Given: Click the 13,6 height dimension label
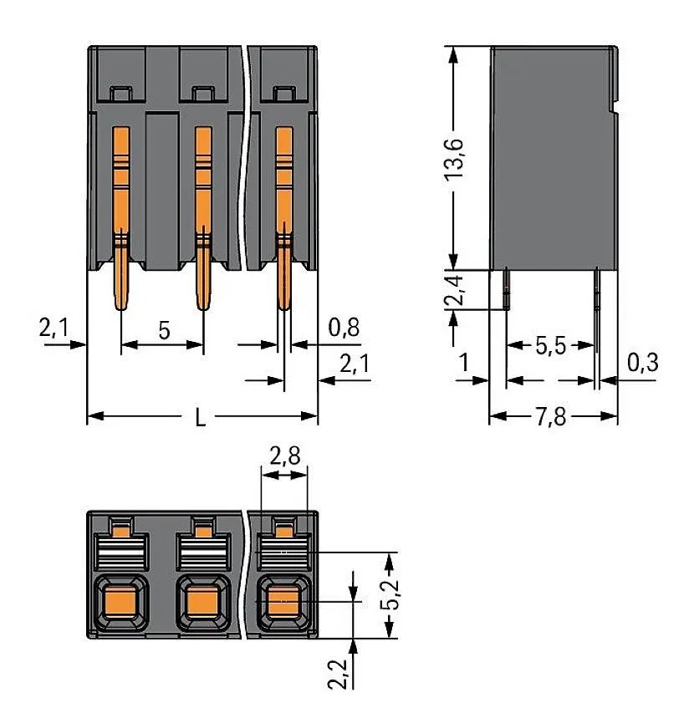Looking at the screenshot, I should (x=455, y=156).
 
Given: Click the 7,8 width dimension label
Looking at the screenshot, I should (x=554, y=416).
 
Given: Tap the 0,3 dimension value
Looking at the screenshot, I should (x=643, y=362).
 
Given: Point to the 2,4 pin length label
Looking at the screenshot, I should (x=455, y=288).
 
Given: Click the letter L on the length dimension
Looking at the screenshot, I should (x=200, y=418).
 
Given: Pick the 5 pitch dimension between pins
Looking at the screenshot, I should (x=164, y=330).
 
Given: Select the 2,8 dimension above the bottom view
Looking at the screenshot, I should (x=284, y=456).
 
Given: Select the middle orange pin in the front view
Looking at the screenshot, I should (x=202, y=217).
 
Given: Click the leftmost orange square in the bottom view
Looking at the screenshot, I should (x=120, y=601).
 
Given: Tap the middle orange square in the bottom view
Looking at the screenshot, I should (x=200, y=601).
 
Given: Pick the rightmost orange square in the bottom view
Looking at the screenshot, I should (x=282, y=601).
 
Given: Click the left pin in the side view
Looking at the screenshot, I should (x=508, y=288).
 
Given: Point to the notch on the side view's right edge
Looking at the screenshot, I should (x=615, y=105).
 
